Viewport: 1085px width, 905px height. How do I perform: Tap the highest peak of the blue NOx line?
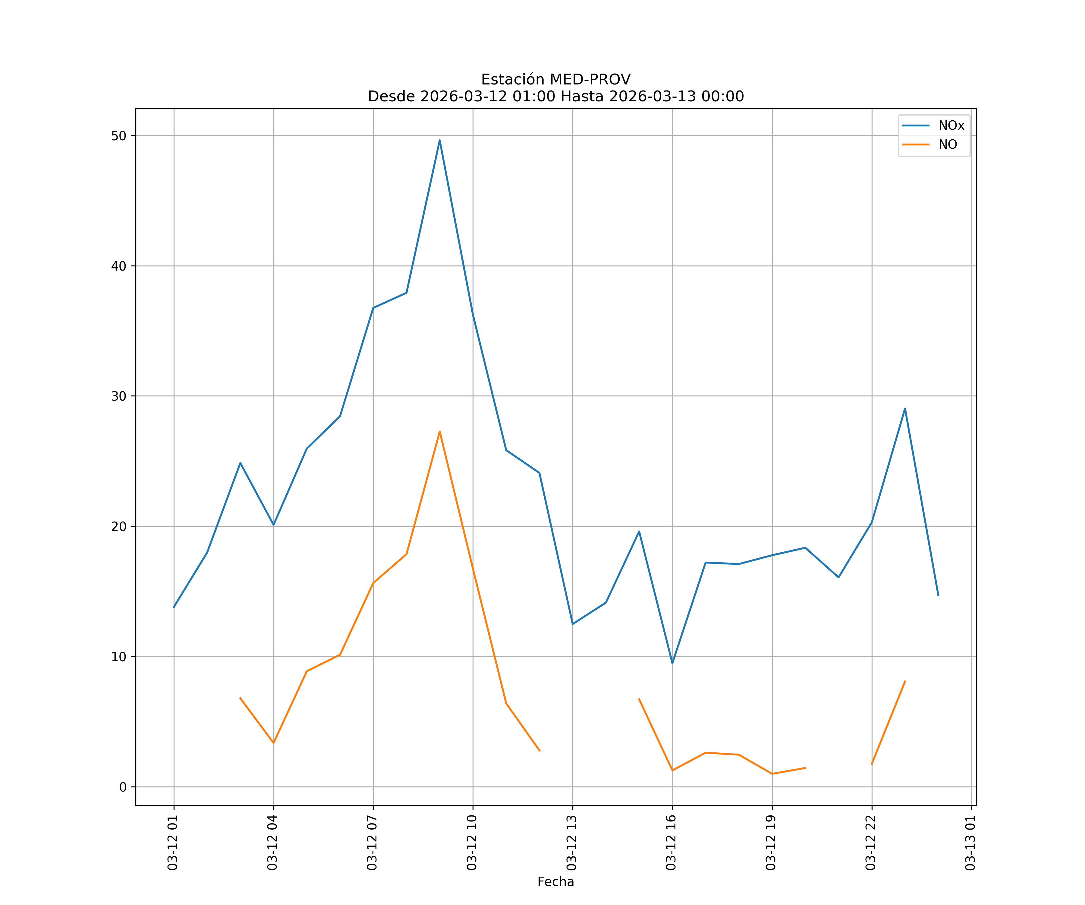pyautogui.click(x=440, y=140)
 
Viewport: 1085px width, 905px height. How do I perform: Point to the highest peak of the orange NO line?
pyautogui.click(x=440, y=431)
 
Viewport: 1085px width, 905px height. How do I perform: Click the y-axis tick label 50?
pyautogui.click(x=118, y=136)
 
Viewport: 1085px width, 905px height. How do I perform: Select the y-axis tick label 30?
pyautogui.click(x=118, y=396)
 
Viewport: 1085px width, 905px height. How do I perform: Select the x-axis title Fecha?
pyautogui.click(x=555, y=882)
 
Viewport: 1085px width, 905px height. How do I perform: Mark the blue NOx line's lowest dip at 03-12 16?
pyautogui.click(x=672, y=663)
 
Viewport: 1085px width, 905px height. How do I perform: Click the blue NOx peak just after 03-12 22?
pyautogui.click(x=905, y=408)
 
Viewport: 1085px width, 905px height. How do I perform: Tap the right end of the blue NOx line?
pyautogui.click(x=938, y=595)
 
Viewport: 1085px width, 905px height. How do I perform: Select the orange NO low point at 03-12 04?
pyautogui.click(x=273, y=743)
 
